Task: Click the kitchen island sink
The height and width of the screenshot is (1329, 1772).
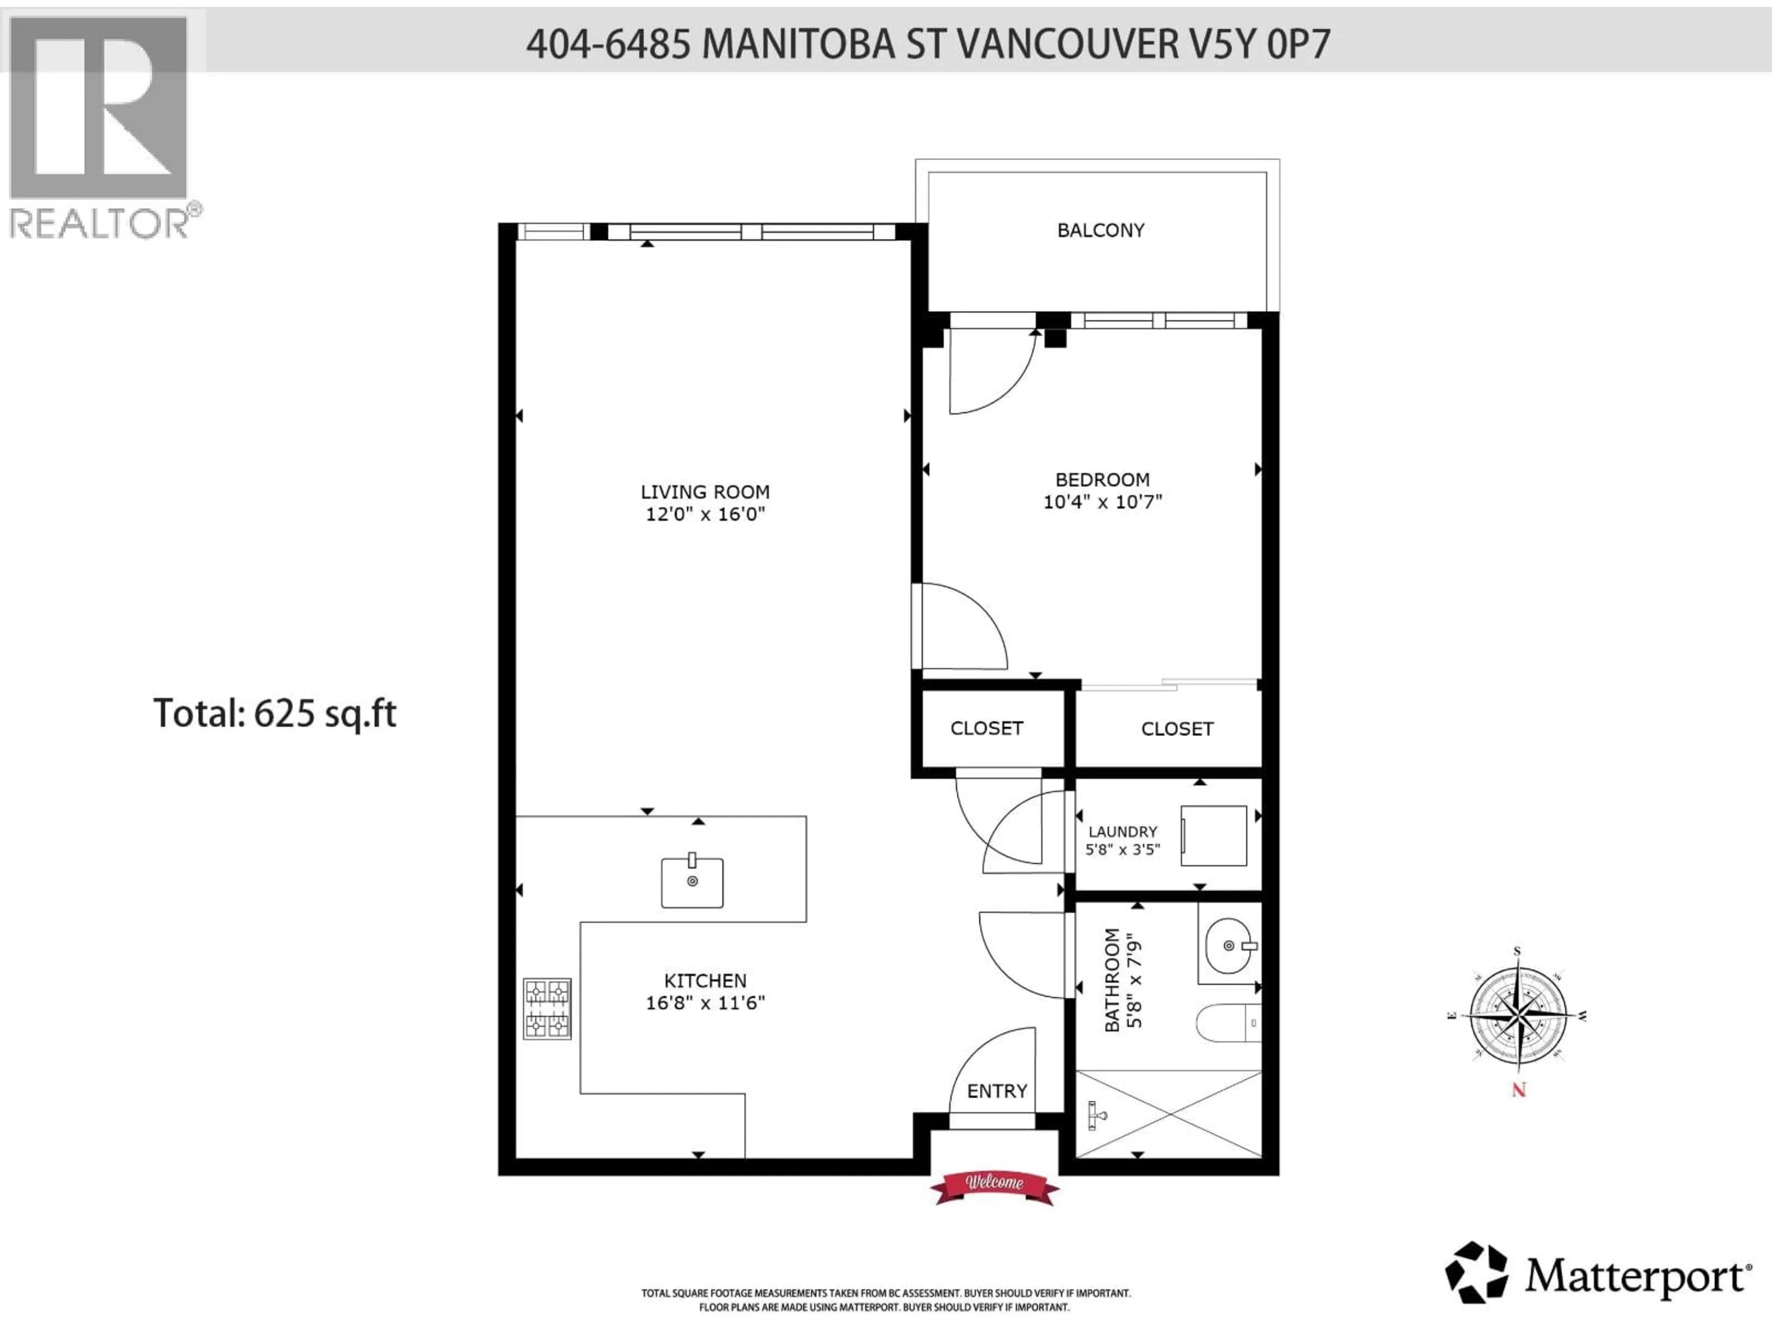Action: tap(692, 882)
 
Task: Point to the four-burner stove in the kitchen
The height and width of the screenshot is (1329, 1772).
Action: tap(547, 1009)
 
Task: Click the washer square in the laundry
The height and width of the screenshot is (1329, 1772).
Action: tap(1213, 836)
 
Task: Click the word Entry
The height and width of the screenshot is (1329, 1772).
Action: tap(997, 1091)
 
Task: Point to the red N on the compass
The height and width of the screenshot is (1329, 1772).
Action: tap(1518, 1090)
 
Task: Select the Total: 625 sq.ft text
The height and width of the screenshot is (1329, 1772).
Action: tap(275, 713)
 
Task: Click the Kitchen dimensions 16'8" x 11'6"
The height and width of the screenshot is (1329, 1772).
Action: tap(705, 1003)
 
